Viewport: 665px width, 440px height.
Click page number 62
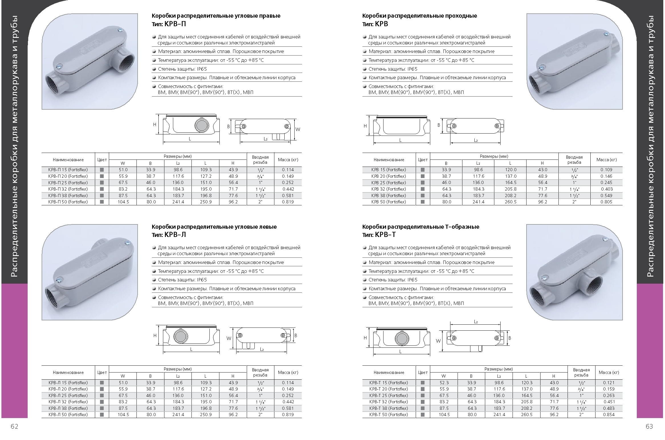click(14, 426)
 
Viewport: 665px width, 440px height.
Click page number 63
click(649, 426)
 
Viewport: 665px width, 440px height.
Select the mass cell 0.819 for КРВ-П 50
click(288, 202)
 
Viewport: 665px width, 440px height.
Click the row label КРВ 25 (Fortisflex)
click(389, 183)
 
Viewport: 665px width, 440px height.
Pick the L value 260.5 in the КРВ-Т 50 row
click(527, 415)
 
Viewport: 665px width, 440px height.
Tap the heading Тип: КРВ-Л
click(169, 235)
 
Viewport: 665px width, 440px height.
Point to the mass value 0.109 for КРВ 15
click(606, 170)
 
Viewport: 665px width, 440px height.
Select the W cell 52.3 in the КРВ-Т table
click(444, 383)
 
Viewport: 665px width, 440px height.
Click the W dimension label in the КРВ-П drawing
click(298, 129)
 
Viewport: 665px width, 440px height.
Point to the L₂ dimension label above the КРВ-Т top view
click(476, 322)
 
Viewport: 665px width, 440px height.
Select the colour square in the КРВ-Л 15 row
click(102, 383)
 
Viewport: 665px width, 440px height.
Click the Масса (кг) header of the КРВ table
click(606, 160)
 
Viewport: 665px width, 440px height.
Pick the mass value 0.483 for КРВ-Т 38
click(609, 408)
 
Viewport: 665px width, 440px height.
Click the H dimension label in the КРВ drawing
click(365, 126)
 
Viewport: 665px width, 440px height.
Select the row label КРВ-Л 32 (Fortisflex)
click(68, 402)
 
